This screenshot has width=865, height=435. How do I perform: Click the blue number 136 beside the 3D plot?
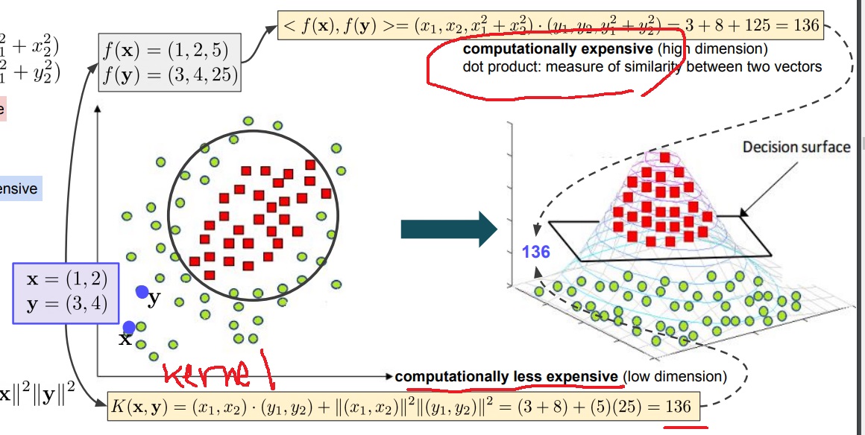coord(535,252)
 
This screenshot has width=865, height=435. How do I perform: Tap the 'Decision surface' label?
coord(796,147)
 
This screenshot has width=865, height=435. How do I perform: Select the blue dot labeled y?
coord(142,292)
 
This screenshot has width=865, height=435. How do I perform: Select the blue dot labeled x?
coord(129,327)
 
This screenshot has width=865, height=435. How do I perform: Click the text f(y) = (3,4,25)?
coord(171,76)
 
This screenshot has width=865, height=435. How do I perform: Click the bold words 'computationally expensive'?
coord(558,50)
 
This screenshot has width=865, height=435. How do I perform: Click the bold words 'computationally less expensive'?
coord(507,377)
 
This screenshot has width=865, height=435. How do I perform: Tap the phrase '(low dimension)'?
coord(674,377)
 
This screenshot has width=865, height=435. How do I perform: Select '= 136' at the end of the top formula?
coord(797,27)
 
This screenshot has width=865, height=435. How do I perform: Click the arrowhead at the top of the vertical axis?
coord(97,109)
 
